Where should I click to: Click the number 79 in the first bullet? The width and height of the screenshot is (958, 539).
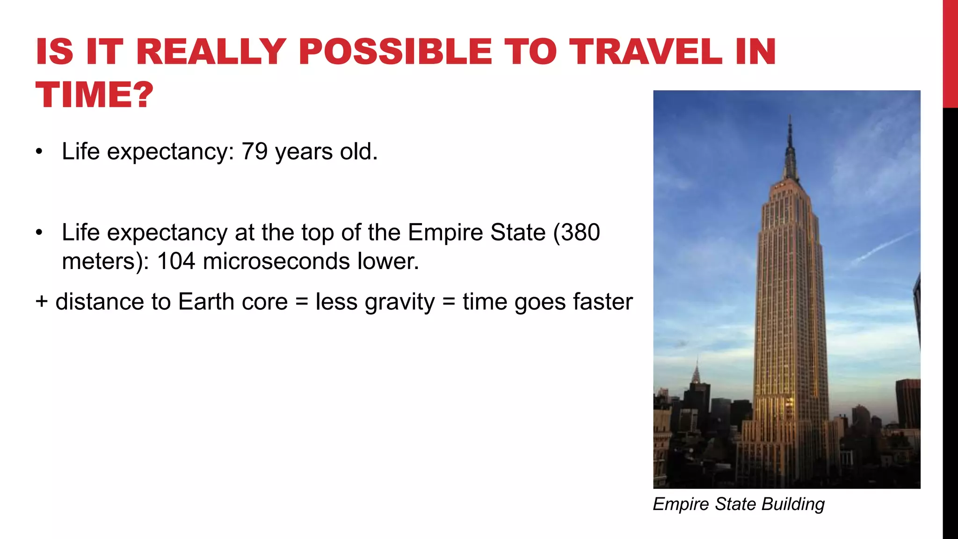point(254,151)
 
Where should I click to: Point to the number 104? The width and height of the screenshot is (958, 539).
point(175,261)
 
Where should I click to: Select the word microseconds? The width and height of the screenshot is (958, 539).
point(276,261)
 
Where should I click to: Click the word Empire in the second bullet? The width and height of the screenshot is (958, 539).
point(445,233)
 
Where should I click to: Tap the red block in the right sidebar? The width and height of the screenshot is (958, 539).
point(950,54)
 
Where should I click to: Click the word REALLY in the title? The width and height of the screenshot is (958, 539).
point(211,51)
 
